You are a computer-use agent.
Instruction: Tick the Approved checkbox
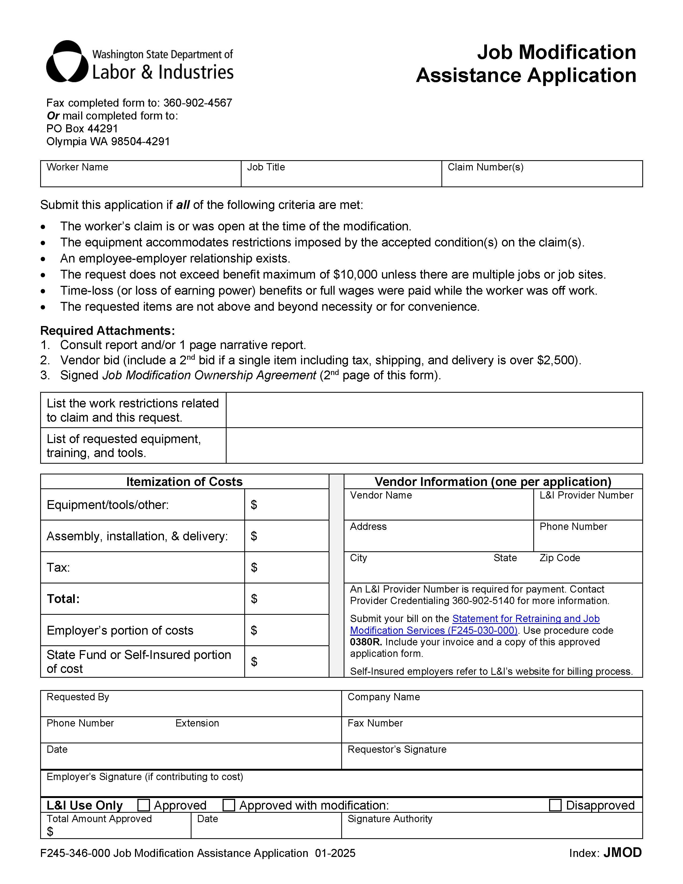[x=144, y=805]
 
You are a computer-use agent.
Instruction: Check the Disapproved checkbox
[x=555, y=805]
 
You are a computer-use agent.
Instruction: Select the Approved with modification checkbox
[x=229, y=805]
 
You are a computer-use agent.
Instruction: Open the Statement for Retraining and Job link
[x=526, y=619]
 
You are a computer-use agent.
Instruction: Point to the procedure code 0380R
[x=365, y=642]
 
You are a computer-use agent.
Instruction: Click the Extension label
[x=197, y=723]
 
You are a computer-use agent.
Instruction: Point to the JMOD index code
[x=622, y=853]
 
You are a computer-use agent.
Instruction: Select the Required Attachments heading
[x=107, y=331]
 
